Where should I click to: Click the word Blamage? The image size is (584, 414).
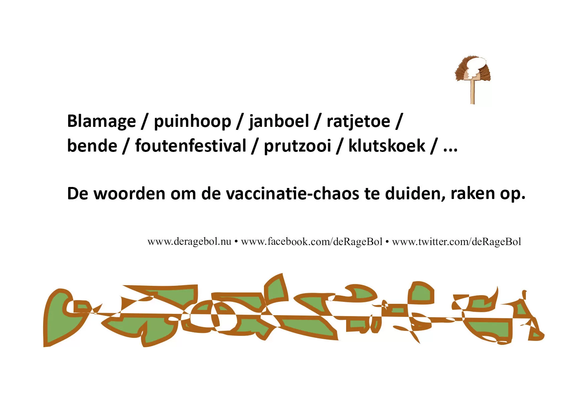coord(102,122)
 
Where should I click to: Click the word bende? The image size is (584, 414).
coord(93,146)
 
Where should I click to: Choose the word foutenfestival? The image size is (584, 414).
coord(191,146)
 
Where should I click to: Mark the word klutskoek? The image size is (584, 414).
coord(387,146)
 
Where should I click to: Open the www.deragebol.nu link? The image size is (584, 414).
coord(189,242)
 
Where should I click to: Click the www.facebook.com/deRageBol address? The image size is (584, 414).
coord(312,242)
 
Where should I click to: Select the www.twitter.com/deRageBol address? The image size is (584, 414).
coord(457,242)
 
